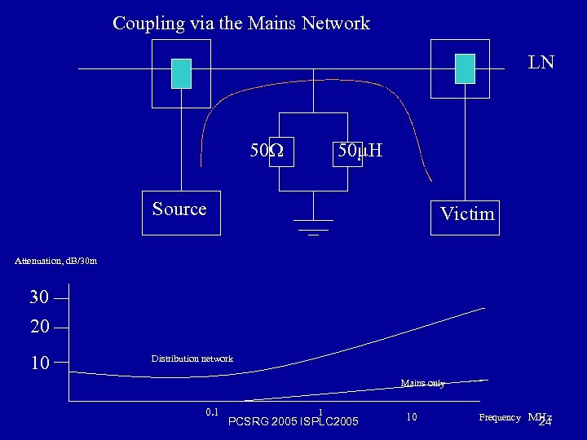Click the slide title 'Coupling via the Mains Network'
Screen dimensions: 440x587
241,23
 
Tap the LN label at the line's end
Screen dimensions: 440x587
541,62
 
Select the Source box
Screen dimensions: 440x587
180,212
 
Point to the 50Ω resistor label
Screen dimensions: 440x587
267,151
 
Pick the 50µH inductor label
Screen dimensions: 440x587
360,151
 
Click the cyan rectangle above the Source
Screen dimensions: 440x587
181,73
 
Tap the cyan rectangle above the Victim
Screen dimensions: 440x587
465,68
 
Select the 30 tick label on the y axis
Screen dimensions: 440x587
39,297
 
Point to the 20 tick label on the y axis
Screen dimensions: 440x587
39,327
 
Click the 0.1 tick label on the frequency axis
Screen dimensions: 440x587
213,412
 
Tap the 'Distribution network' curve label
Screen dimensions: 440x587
192,359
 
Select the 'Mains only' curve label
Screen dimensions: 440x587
422,383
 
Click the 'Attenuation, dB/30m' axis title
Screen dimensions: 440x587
56,261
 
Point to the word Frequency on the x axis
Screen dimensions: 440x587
499,417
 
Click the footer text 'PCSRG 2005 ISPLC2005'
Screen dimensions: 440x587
293,422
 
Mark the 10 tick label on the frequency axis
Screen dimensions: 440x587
412,417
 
